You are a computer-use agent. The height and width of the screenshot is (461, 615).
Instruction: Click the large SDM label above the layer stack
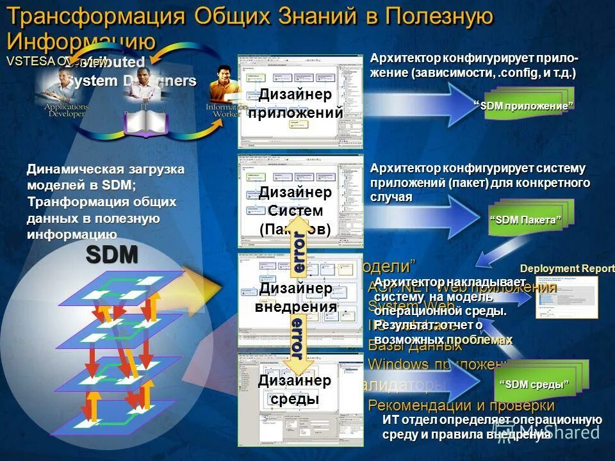(112, 255)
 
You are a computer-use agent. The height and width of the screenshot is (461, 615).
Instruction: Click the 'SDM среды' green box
(534, 385)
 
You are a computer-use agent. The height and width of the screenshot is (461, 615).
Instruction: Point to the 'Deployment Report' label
(566, 269)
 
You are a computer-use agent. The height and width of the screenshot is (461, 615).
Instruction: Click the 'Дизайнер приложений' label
(295, 104)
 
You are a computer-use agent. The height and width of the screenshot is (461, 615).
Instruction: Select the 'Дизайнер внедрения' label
(294, 297)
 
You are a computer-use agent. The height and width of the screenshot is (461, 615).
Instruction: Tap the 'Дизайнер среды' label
(294, 389)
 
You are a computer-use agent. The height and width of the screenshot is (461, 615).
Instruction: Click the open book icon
(146, 122)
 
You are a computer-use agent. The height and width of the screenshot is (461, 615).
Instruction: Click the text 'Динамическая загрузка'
(106, 170)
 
